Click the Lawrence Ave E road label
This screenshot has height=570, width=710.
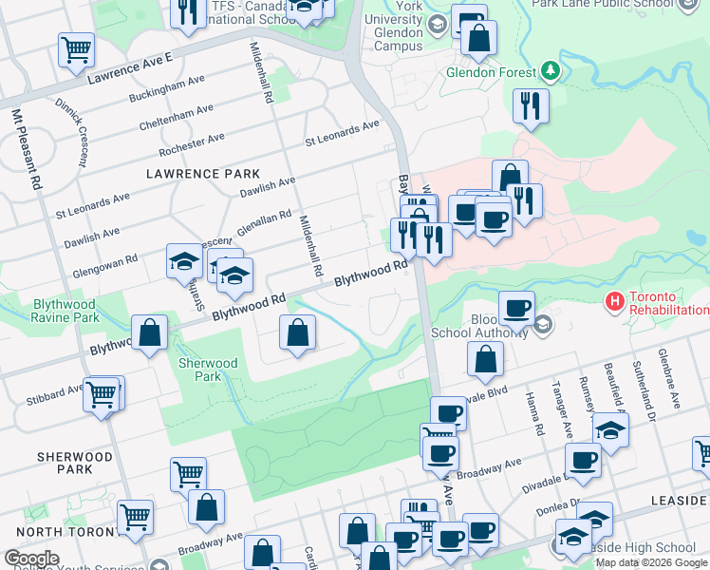(129, 71)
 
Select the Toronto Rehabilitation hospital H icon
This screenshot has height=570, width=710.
(615, 302)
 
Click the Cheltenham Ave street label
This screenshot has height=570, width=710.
(176, 117)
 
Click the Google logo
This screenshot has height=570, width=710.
(31, 559)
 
